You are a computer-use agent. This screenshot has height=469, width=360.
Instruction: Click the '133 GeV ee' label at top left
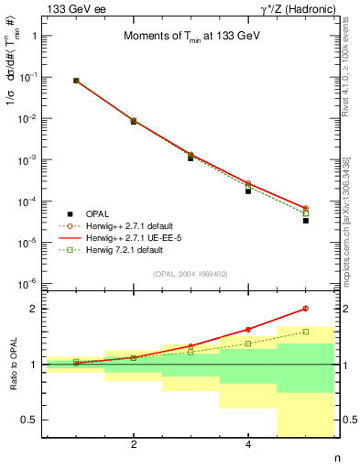pyautogui.click(x=71, y=8)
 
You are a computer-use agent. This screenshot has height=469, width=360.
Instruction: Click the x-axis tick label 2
pyautogui.click(x=134, y=446)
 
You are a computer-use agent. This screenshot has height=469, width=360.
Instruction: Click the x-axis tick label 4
pyautogui.click(x=248, y=446)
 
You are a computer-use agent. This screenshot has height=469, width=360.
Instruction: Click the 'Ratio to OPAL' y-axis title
pyautogui.click(x=10, y=365)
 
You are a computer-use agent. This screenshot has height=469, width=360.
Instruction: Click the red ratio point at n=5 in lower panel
pyautogui.click(x=306, y=309)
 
